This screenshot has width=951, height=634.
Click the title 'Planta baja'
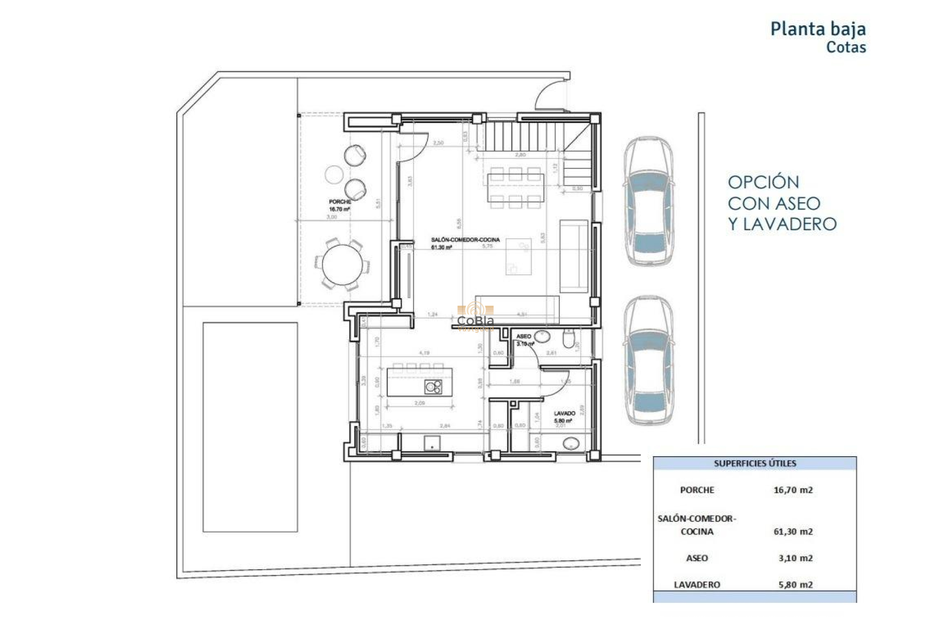point(818,29)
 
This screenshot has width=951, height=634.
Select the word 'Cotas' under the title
point(845,48)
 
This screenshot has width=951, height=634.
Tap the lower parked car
point(648,360)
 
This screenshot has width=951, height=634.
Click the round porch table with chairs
point(342,264)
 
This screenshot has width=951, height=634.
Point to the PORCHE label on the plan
point(340,202)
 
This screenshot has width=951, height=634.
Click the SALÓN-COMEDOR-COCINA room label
point(465,240)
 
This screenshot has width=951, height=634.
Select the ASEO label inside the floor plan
point(523,336)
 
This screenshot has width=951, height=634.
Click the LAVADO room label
point(564,413)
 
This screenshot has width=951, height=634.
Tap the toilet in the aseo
point(569,339)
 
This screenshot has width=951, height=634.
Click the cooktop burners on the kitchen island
point(433,387)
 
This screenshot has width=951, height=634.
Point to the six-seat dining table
point(515,188)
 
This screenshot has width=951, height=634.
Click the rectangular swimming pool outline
point(250,427)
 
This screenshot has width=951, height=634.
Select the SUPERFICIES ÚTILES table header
point(754,464)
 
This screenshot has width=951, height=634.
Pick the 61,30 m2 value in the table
point(792,531)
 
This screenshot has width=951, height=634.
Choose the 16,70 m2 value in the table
point(792,490)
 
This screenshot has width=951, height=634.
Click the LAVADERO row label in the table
point(696,584)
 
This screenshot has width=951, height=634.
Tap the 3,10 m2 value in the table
point(795,558)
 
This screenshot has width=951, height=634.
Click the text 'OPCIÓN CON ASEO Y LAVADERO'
point(782,203)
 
